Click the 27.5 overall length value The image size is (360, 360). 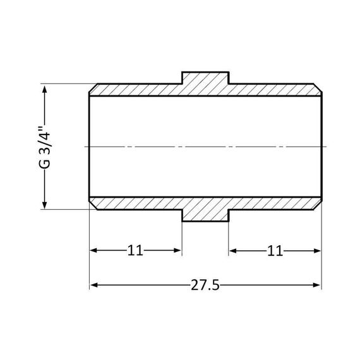205,285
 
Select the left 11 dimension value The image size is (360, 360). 135,251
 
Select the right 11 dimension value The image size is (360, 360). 274,251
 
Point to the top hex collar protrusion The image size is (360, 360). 205,79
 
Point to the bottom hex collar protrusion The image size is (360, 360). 205,215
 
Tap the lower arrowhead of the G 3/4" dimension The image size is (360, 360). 45,204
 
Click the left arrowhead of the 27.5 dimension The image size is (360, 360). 93,285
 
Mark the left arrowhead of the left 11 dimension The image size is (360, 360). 93,251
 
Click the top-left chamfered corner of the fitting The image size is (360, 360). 92,87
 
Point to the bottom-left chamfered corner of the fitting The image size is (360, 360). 92,206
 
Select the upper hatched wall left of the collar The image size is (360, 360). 136,90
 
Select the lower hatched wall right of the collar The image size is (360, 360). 275,203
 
